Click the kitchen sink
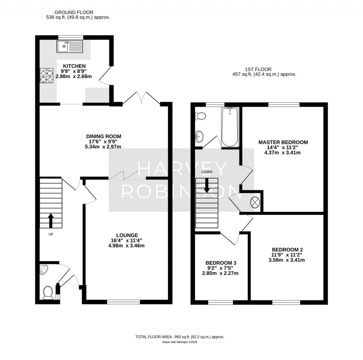pos(69,46)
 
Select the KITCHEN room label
pos(74,66)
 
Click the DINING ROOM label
pos(104,136)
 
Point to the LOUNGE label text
pos(127,235)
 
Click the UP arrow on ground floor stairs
pos(50,220)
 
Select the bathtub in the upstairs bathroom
pos(230,127)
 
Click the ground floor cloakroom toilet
pos(48,293)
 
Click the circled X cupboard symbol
pos(255,202)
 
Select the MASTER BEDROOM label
pos(283,142)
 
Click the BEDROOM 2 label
pos(287,249)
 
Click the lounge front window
pos(123,302)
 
